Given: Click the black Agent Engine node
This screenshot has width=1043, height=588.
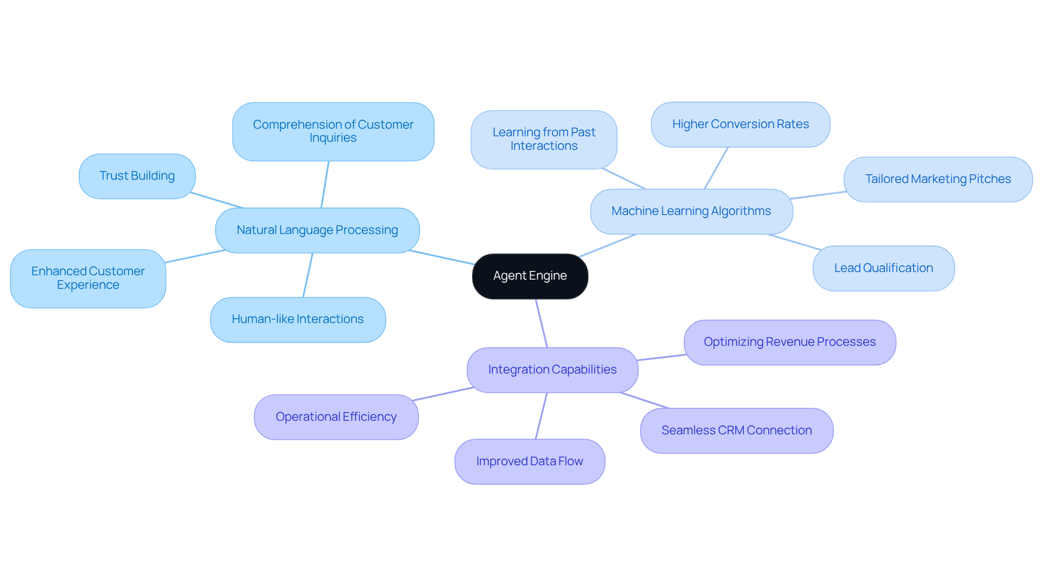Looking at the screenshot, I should tap(530, 276).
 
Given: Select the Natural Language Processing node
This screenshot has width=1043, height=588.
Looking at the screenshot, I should tap(317, 230).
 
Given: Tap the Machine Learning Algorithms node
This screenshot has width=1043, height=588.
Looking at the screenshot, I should tap(691, 211).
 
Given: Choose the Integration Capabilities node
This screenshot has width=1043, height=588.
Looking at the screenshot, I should tap(552, 370).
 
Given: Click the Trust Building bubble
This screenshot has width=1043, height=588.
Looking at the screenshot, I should tap(137, 176).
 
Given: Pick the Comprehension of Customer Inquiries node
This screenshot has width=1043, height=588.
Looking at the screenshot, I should tap(333, 131).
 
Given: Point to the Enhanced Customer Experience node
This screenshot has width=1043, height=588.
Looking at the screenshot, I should tap(88, 278).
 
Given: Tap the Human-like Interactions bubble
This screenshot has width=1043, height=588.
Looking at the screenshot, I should tap(298, 319).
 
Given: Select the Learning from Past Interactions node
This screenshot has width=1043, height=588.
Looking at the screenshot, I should tap(544, 140).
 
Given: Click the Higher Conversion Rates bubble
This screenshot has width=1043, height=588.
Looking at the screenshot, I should tap(740, 124).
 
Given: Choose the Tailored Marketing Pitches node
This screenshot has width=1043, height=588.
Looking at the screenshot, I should tap(938, 179).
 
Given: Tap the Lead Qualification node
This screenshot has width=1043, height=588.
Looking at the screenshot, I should tap(883, 268).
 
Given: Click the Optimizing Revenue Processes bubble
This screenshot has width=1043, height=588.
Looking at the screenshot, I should tap(789, 342).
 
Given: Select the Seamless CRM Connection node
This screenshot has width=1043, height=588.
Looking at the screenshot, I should tap(736, 431).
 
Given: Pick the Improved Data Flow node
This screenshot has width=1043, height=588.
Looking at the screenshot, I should tap(530, 461).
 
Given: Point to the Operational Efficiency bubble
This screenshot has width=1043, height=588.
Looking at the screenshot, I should tap(336, 417).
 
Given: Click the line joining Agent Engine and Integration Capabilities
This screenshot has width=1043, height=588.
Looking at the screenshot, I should tap(542, 324).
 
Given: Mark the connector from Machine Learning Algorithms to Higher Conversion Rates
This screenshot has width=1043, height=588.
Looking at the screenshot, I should tap(716, 168).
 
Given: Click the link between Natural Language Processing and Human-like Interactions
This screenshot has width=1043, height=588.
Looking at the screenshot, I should tap(307, 275).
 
